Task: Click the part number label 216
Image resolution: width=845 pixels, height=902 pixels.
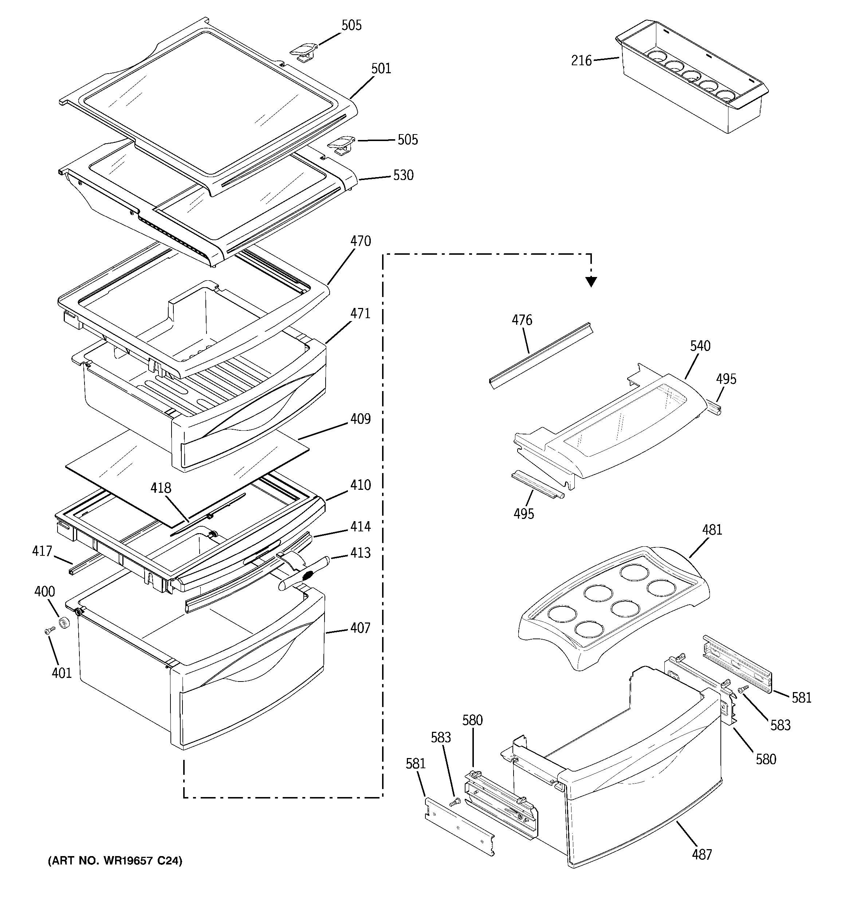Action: pos(581,60)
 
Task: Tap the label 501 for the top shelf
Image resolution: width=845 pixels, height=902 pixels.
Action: pos(381,69)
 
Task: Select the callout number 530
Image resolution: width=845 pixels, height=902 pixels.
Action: pos(403,175)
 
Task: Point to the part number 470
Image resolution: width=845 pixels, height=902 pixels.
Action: pos(360,241)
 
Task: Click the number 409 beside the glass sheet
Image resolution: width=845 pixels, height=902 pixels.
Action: pos(360,419)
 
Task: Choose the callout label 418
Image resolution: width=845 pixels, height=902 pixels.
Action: pos(161,488)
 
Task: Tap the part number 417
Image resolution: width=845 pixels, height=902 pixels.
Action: pos(42,551)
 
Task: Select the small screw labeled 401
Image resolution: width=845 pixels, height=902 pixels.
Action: pos(50,631)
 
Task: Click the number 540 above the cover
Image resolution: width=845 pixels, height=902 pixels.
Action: pos(700,346)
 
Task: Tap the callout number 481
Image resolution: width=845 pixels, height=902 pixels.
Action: pos(712,530)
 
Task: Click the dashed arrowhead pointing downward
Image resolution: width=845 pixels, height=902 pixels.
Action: pos(590,282)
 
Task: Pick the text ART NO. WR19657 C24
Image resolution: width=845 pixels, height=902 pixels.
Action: pos(115,861)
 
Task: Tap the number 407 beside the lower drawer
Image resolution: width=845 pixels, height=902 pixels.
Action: pos(360,628)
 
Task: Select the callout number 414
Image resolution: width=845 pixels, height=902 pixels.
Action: pos(360,526)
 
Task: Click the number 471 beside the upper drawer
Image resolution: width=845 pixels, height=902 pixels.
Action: pos(360,313)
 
